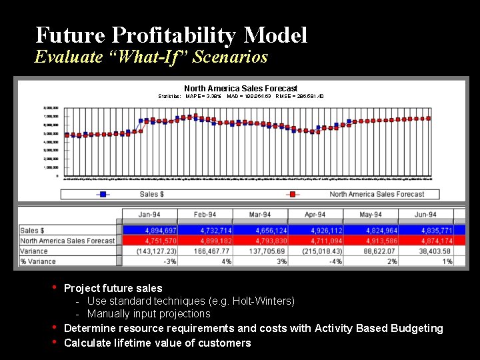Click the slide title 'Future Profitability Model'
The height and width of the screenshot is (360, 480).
coord(171,35)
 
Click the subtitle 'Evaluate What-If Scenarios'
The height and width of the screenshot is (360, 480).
coord(151,57)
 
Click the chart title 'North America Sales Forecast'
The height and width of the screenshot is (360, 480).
coord(241,88)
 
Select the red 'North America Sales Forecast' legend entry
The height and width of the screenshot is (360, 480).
coord(376,194)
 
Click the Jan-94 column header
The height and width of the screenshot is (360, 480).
coord(149,215)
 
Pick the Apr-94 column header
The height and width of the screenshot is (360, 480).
coord(315,215)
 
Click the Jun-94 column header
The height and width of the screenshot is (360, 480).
coord(425,215)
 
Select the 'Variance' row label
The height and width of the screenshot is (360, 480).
coord(34,251)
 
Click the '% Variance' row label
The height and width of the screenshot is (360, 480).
coord(38,261)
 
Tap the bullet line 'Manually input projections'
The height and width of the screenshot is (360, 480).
coord(149,314)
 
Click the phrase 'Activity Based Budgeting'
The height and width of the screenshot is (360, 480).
coord(378,328)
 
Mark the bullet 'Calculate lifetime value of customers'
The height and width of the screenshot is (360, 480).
coord(157,343)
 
